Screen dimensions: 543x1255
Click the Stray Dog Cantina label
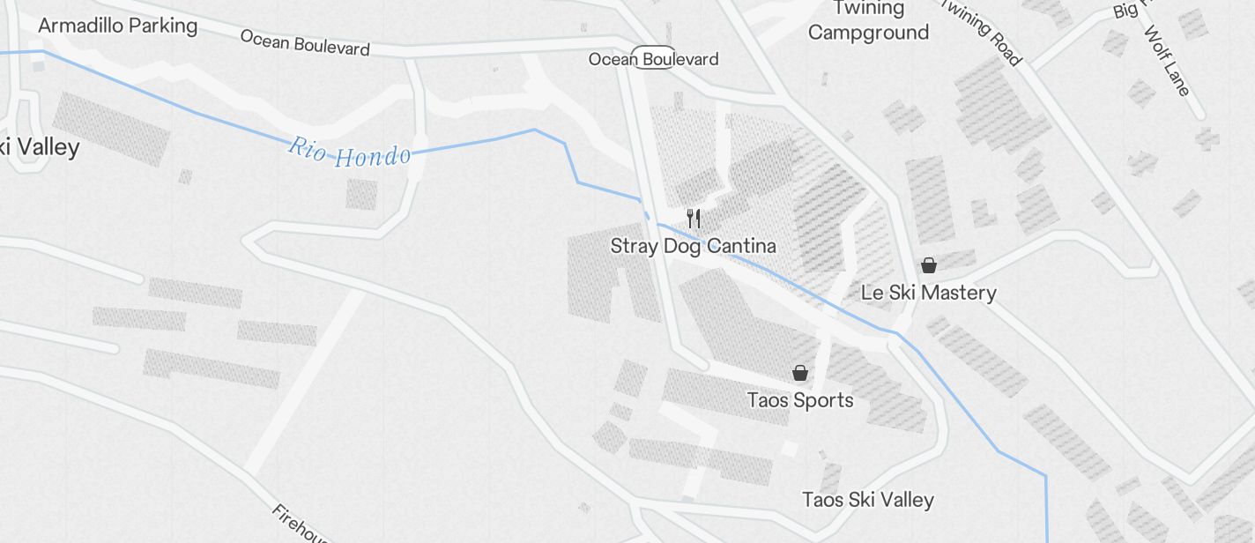tap(693, 246)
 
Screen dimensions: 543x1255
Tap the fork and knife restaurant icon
tap(694, 218)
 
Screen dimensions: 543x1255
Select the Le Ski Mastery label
tap(928, 293)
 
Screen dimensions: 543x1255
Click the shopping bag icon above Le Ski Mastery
tap(928, 264)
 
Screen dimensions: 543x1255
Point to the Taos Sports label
tap(800, 400)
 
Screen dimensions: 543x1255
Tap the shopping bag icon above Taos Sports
tap(800, 373)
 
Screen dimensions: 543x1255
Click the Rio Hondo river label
tap(349, 152)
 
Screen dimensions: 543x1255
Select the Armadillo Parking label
tap(118, 26)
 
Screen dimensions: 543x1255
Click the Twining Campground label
tap(868, 20)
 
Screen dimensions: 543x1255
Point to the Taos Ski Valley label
tap(867, 500)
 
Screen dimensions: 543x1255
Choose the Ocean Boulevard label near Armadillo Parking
tap(304, 42)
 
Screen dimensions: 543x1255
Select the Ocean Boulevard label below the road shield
tap(653, 59)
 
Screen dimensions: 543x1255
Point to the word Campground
tap(868, 33)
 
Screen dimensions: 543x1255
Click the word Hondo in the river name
tap(374, 156)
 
